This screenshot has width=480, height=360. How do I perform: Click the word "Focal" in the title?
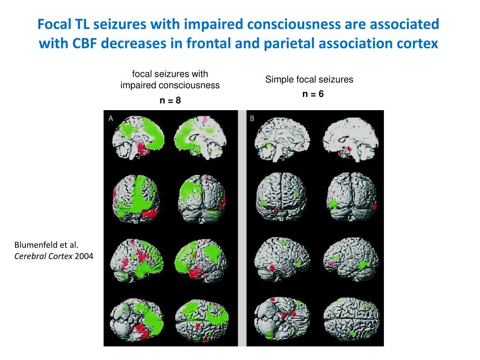54,24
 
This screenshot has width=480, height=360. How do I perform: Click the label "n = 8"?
170,100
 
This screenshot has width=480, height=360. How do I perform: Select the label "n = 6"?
313,94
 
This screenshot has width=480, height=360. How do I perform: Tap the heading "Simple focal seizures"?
309,80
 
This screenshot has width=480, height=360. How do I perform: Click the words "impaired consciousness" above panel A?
170,85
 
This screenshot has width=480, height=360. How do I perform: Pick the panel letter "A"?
111,119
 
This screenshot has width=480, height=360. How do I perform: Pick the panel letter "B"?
252,119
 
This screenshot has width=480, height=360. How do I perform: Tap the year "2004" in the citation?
84,256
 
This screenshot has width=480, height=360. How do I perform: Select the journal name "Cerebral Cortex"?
44,256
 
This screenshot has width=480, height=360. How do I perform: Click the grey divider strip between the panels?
242,228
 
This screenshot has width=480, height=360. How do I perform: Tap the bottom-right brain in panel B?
352,320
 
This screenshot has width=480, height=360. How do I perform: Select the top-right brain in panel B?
351,140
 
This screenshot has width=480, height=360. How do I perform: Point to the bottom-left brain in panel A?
136,320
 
